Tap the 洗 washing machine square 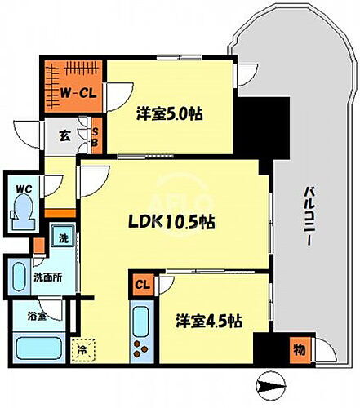point(64,239)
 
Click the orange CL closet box point(142,284)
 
